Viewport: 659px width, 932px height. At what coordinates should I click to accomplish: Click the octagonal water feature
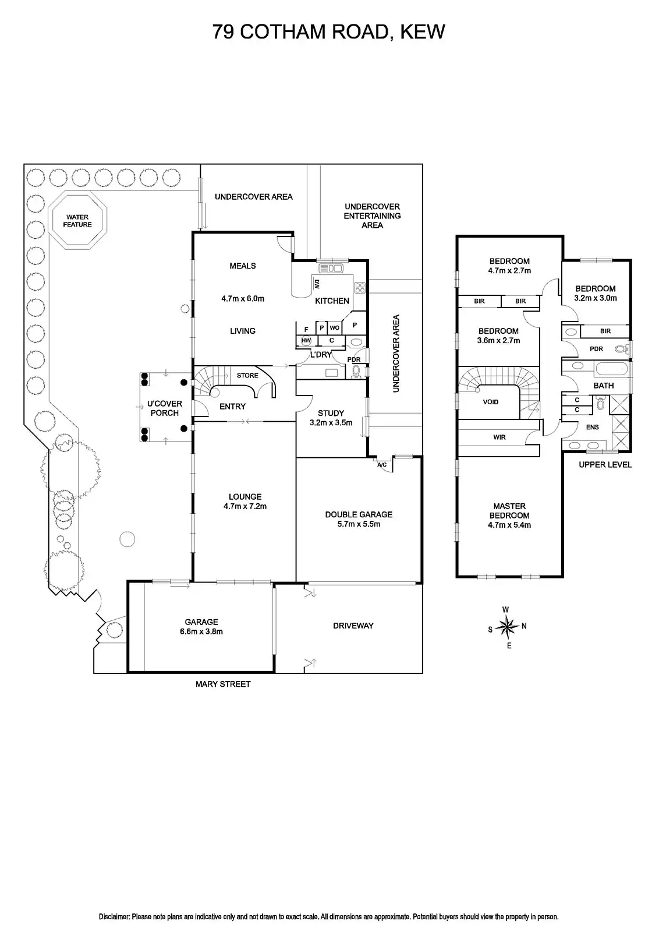(x=77, y=221)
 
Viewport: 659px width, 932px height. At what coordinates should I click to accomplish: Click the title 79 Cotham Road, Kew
(x=329, y=31)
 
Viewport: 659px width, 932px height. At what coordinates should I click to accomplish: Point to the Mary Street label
(x=223, y=684)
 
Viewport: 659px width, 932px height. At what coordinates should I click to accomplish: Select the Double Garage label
(x=359, y=514)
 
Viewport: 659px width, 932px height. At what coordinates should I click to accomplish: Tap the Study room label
(x=331, y=414)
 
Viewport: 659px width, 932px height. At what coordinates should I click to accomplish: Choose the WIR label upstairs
(x=499, y=437)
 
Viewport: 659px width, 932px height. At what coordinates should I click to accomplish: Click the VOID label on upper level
(x=491, y=402)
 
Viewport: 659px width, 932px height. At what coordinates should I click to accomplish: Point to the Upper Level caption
(x=605, y=465)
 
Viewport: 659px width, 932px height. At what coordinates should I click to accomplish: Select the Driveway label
(x=353, y=626)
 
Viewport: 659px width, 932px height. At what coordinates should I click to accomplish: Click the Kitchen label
(x=332, y=301)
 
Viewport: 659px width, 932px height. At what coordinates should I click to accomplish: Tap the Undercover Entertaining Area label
(x=372, y=216)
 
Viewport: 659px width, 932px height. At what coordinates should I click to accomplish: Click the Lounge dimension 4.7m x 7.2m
(x=245, y=506)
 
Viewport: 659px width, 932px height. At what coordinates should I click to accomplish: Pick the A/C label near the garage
(x=382, y=465)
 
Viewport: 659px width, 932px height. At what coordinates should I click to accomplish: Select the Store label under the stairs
(x=247, y=376)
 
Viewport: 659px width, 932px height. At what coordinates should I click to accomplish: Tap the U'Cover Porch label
(x=164, y=408)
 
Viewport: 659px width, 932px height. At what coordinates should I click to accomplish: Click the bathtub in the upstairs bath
(x=611, y=369)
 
